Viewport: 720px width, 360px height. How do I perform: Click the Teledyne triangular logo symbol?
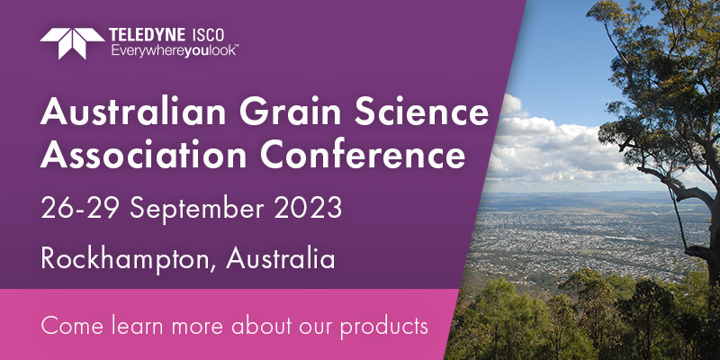click(72, 43)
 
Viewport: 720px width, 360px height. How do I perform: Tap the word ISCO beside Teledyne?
click(208, 35)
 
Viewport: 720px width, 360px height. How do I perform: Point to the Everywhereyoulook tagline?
click(175, 50)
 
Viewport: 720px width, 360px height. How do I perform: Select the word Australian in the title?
click(133, 112)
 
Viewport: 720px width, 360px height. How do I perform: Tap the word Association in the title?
click(143, 155)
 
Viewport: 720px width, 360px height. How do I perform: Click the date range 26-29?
click(78, 209)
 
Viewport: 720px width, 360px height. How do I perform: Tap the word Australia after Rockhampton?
click(281, 258)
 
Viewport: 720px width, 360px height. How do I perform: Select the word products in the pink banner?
click(384, 328)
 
